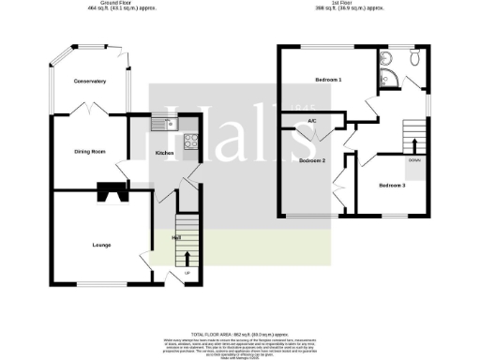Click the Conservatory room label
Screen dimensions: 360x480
click(90, 82)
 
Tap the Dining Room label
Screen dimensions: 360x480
click(89, 150)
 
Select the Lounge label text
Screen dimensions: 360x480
click(101, 245)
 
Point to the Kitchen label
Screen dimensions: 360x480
click(164, 152)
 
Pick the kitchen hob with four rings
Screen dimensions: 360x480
click(190, 142)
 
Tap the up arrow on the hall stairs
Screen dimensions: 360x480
click(187, 256)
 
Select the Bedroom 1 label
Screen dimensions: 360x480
click(327, 80)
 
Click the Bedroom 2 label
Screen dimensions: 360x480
click(311, 161)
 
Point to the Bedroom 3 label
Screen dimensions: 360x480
click(392, 186)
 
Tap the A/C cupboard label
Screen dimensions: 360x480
click(311, 121)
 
